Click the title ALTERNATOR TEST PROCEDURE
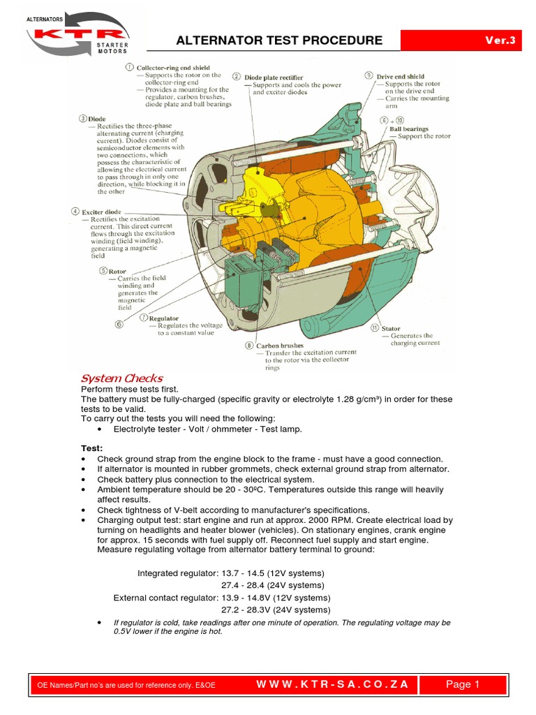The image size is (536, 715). pyautogui.click(x=279, y=40)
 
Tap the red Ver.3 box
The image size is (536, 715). pyautogui.click(x=500, y=40)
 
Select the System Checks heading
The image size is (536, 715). pyautogui.click(x=122, y=378)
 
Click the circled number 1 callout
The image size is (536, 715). pyautogui.click(x=129, y=67)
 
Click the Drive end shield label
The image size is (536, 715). pyautogui.click(x=400, y=76)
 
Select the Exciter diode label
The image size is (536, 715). pyautogui.click(x=101, y=211)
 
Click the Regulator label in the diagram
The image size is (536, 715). pyautogui.click(x=163, y=318)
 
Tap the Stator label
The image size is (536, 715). pyautogui.click(x=391, y=327)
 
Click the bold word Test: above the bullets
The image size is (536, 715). pyautogui.click(x=92, y=447)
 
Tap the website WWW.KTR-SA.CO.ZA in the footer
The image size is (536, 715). pyautogui.click(x=332, y=684)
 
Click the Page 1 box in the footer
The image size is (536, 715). pyautogui.click(x=463, y=684)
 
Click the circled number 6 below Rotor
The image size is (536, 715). pyautogui.click(x=119, y=324)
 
